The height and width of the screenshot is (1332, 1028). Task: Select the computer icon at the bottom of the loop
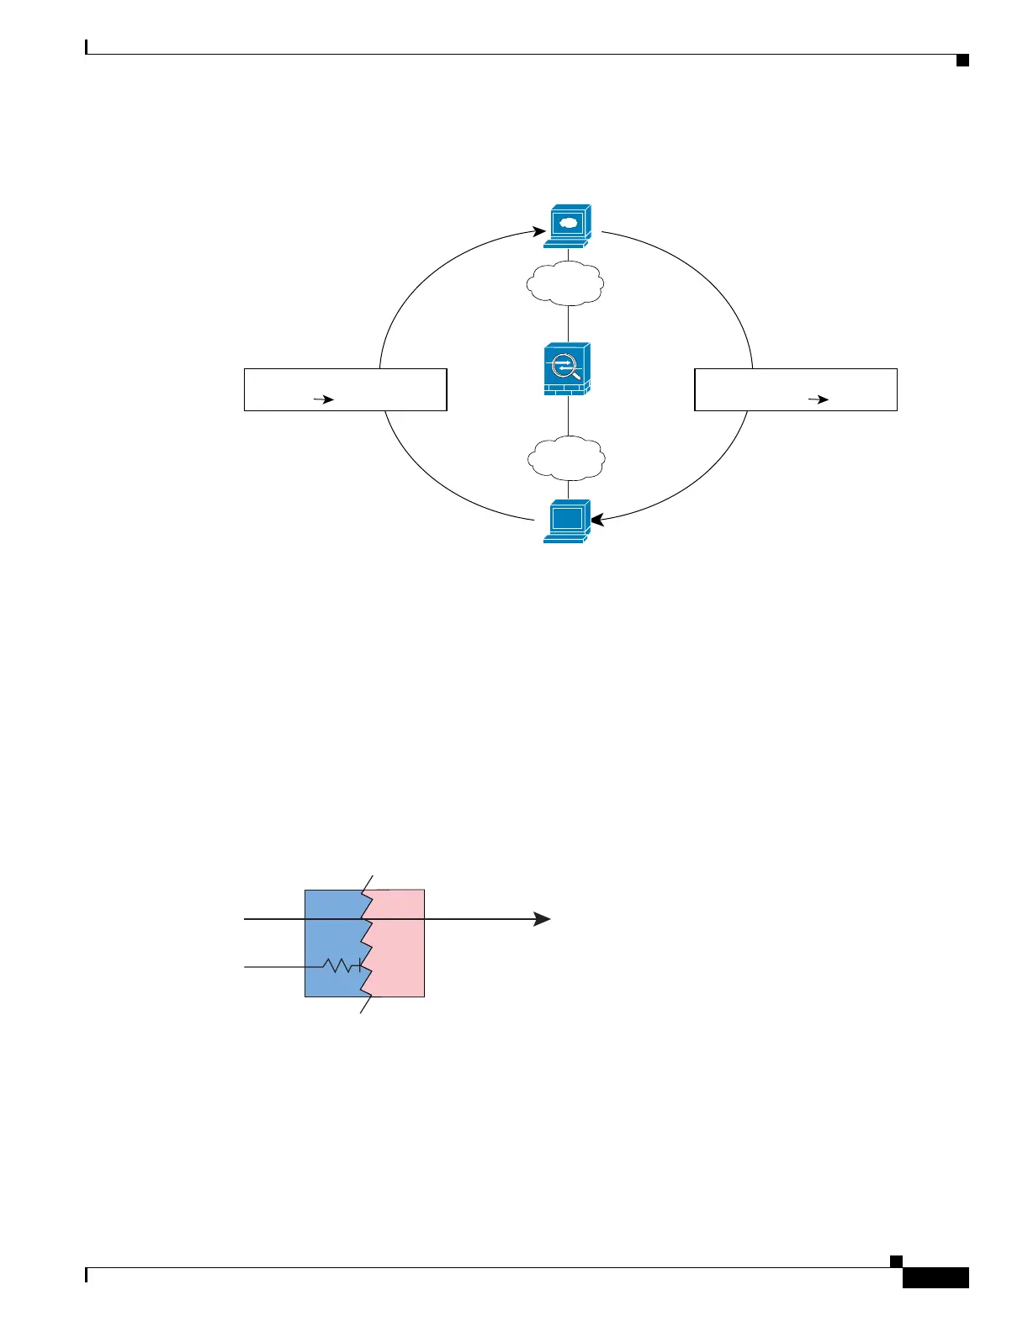(567, 521)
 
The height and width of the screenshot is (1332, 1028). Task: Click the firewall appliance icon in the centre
(567, 369)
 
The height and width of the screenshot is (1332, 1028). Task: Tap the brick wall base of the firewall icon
(567, 389)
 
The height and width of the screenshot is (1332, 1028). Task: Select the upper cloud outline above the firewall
(565, 283)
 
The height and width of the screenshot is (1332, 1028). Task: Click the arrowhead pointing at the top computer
(540, 230)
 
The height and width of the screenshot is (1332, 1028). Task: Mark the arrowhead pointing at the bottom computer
(597, 521)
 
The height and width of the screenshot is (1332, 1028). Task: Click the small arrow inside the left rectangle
(324, 400)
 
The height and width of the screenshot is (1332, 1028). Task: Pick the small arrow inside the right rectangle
(819, 400)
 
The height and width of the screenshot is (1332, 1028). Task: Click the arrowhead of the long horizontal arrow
(542, 919)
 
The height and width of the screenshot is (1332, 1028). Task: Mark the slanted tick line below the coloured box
(366, 1005)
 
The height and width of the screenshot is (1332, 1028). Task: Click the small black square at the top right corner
(962, 60)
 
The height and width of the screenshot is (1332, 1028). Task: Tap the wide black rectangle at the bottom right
(935, 1277)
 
